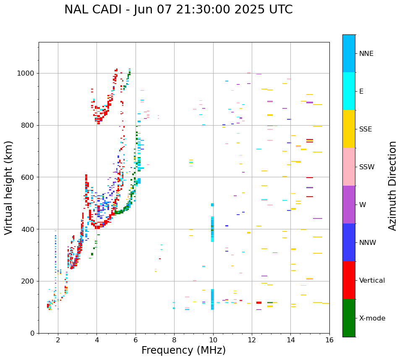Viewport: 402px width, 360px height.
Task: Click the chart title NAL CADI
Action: point(178,10)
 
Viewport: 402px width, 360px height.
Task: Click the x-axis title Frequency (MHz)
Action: point(183,350)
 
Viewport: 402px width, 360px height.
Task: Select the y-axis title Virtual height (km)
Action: point(9,187)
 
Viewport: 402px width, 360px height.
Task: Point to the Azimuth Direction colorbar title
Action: point(392,185)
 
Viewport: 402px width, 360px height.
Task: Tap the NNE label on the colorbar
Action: point(366,54)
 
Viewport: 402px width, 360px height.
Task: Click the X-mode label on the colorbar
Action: point(372,318)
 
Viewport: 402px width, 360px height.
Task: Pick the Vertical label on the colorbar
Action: point(371,281)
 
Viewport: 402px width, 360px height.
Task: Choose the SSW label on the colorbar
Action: point(366,167)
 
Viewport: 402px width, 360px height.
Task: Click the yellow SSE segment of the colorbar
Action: point(349,129)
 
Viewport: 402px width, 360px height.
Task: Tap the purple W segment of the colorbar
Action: point(349,204)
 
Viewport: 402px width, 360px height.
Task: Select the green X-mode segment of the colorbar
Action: point(349,318)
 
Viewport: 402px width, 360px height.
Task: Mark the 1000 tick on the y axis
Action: point(27,74)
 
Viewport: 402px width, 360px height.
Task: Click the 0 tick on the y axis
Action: point(33,333)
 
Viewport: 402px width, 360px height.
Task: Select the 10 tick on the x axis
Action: point(213,340)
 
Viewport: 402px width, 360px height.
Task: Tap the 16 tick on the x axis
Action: point(329,340)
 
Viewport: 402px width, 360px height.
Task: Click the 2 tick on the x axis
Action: point(58,340)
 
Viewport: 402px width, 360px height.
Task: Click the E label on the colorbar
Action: point(361,92)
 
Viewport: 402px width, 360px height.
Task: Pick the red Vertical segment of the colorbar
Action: point(349,280)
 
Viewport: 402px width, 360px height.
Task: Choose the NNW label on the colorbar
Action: point(368,243)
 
